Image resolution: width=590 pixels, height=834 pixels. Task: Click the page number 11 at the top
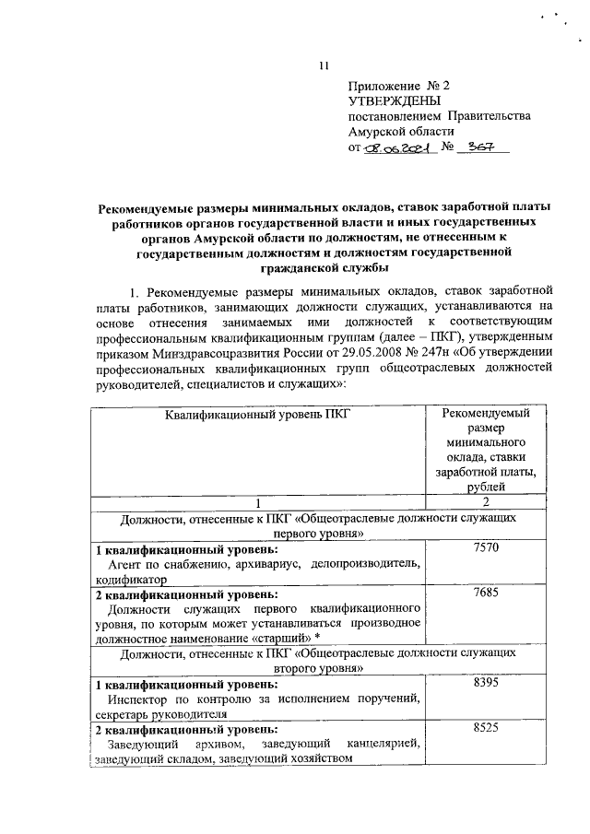pyautogui.click(x=323, y=65)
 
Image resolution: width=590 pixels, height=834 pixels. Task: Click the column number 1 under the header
pyautogui.click(x=257, y=502)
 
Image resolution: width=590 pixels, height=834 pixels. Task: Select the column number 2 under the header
pyautogui.click(x=486, y=502)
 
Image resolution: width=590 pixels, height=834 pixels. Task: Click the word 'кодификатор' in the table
pyautogui.click(x=131, y=580)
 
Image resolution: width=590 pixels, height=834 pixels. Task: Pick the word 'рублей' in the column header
pyautogui.click(x=486, y=487)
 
